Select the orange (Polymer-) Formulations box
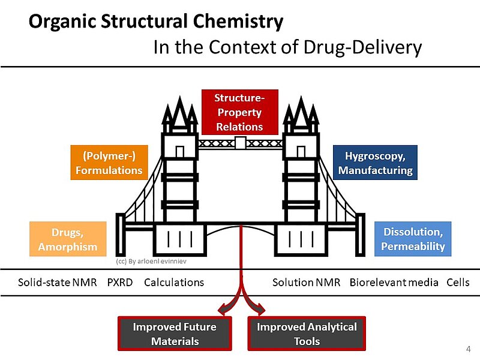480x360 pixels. (x=109, y=163)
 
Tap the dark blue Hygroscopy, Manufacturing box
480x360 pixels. (x=376, y=163)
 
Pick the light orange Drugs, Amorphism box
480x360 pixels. (x=68, y=239)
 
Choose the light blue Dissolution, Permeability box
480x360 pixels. (x=414, y=239)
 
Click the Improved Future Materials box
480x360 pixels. (x=175, y=334)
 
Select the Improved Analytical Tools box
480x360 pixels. (x=307, y=334)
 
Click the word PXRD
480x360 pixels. (x=121, y=283)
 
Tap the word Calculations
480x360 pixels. (x=174, y=283)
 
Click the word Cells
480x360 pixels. (x=458, y=283)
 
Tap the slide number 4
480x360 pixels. (x=468, y=349)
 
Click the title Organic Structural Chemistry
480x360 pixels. (x=156, y=22)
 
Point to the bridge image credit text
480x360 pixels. (x=151, y=262)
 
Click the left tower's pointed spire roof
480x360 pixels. (x=180, y=114)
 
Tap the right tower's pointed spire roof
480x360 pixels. (x=301, y=114)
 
